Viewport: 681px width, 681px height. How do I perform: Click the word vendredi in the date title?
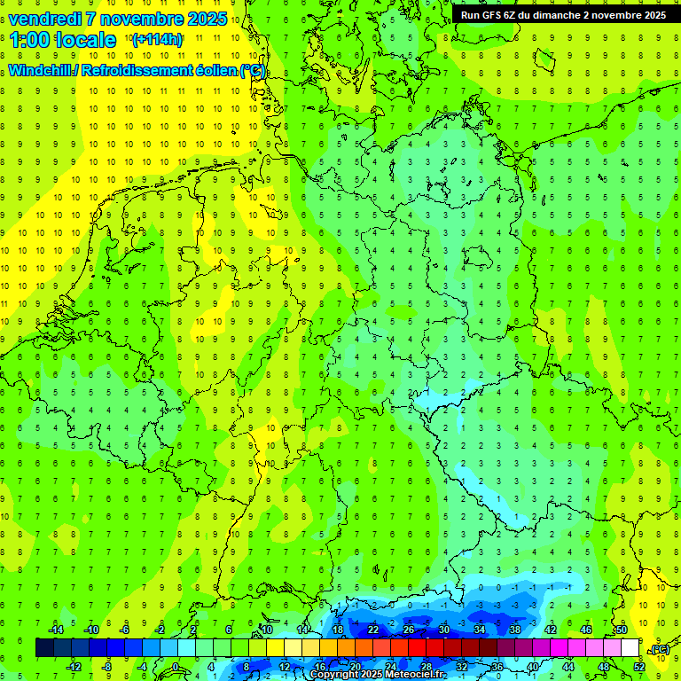pos(43,19)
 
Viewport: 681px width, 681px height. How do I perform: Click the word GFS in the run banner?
pos(493,15)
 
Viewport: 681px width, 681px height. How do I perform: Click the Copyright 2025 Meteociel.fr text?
pos(379,675)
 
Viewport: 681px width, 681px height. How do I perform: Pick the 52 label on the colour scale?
pos(638,667)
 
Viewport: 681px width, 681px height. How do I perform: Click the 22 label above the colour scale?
pos(373,630)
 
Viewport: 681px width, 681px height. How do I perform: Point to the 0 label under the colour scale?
pos(175,667)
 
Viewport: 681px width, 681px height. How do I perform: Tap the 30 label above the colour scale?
pos(444,630)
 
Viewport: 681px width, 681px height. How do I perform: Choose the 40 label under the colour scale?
pos(532,667)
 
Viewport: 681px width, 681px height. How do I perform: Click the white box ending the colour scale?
pos(630,648)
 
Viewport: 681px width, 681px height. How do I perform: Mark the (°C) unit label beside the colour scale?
pos(659,650)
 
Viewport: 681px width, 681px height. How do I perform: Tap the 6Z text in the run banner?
pos(511,15)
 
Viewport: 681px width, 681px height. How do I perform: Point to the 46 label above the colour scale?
pos(585,630)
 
